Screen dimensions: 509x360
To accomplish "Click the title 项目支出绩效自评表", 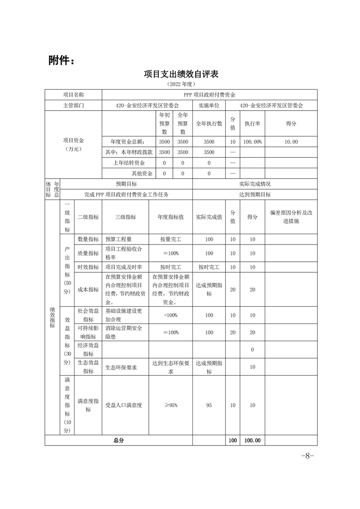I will click(180, 74).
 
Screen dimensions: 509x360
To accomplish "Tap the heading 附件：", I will click(61, 60).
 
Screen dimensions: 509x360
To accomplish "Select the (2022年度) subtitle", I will click(180, 84).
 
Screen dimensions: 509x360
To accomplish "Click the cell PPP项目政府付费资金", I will click(209, 95).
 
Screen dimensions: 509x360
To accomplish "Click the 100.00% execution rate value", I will click(252, 142).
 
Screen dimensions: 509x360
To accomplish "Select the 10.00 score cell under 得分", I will click(291, 142).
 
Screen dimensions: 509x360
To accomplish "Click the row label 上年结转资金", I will click(129, 163).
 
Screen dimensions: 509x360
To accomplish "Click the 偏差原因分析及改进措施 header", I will click(291, 217).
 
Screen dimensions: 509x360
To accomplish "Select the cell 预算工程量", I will click(120, 239).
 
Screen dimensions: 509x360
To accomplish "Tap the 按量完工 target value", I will click(170, 239).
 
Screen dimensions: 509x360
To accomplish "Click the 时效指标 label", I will click(88, 267).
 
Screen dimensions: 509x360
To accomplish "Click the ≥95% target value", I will click(170, 405).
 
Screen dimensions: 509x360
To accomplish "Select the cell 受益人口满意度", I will click(123, 405).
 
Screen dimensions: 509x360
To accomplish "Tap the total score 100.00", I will click(252, 440).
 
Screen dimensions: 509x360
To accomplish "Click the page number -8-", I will click(308, 456).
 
